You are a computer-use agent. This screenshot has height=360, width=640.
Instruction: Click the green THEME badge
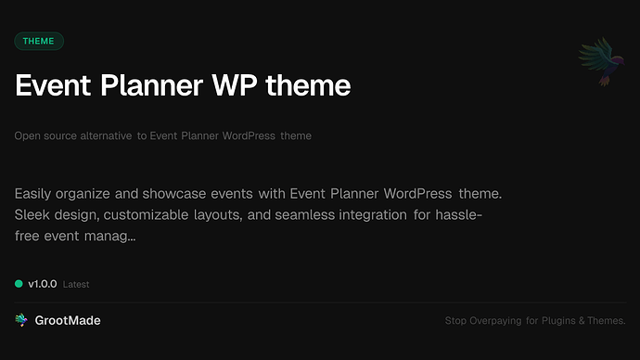tap(39, 41)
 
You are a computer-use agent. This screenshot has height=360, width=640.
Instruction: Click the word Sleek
tap(35, 215)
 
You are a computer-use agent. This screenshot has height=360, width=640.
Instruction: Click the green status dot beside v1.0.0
tap(19, 284)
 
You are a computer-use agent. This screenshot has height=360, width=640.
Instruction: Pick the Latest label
tap(76, 285)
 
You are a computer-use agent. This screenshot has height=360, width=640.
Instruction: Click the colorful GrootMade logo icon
tap(21, 320)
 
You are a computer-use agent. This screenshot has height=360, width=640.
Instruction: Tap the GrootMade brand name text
tap(68, 320)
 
